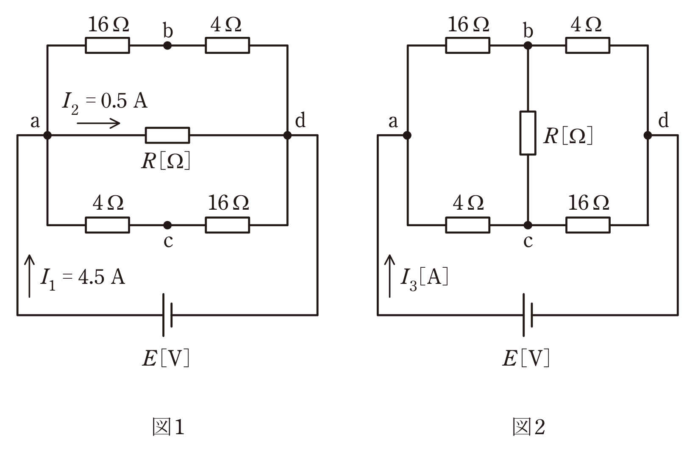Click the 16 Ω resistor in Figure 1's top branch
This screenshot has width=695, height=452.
click(107, 45)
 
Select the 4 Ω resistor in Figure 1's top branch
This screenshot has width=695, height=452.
click(228, 45)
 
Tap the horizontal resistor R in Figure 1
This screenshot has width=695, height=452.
click(167, 135)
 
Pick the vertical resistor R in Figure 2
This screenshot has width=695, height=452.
click(528, 133)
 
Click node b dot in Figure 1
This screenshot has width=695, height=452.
click(167, 46)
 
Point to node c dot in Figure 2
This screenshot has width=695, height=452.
click(528, 225)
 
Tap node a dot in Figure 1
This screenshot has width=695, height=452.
click(47, 135)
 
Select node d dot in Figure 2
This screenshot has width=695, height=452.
click(648, 135)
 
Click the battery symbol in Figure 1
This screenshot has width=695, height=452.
click(167, 315)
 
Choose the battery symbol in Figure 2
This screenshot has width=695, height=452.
click(528, 315)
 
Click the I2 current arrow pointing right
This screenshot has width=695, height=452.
click(98, 123)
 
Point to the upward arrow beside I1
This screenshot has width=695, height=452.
click(30, 276)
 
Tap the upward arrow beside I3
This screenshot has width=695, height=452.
click(390, 276)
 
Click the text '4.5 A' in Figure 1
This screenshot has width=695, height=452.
click(101, 277)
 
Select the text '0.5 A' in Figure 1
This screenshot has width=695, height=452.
click(124, 101)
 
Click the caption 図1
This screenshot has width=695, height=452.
click(169, 427)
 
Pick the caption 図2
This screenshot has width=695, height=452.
click(529, 427)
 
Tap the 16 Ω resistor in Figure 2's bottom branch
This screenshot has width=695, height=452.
click(588, 225)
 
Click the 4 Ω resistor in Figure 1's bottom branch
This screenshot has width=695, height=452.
click(107, 225)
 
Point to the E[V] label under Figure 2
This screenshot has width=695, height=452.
click(526, 358)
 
